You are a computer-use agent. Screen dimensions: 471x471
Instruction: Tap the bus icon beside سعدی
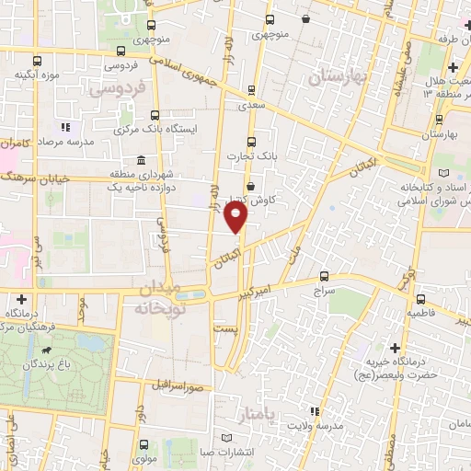coord(251,91)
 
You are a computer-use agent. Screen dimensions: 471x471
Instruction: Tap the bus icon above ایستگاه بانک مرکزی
coord(155,115)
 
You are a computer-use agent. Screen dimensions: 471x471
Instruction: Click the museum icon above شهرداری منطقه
coord(140,161)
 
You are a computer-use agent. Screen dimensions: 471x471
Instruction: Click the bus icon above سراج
coord(323,275)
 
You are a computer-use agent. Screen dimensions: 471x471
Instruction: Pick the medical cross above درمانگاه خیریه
coord(395,349)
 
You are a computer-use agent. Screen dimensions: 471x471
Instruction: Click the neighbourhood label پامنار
coord(255,416)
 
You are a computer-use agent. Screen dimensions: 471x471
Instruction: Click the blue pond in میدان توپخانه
coord(190,295)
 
